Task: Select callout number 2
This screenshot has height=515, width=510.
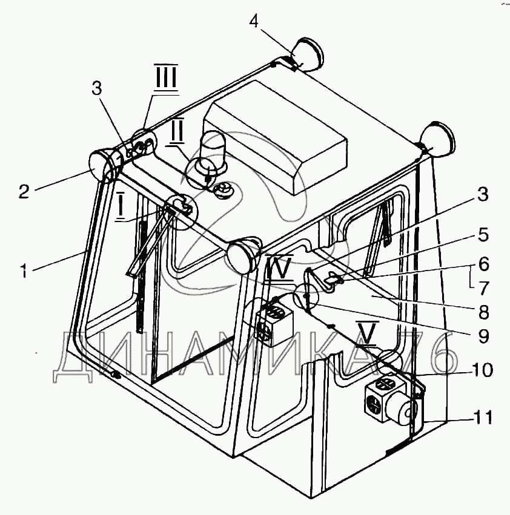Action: [x=23, y=192]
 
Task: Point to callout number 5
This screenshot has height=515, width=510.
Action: [x=482, y=234]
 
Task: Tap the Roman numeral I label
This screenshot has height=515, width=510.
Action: [x=121, y=207]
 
